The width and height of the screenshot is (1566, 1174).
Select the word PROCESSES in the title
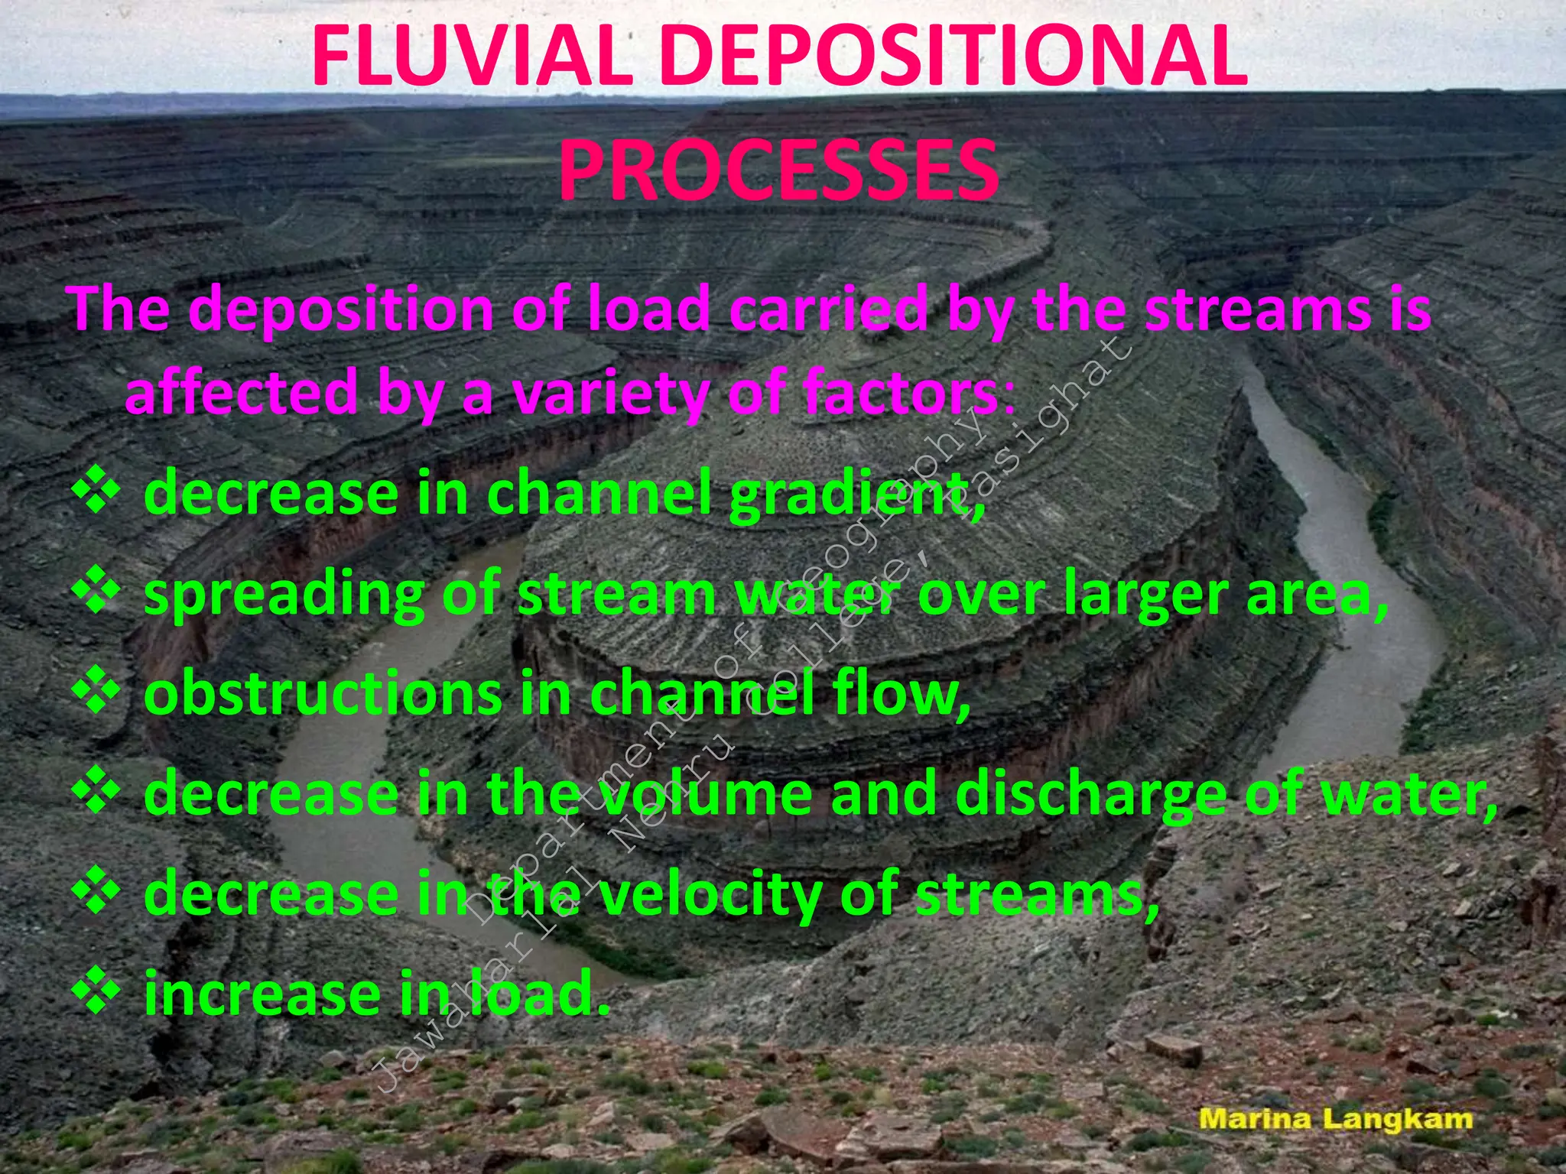(x=778, y=170)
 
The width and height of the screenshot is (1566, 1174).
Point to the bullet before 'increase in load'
(x=96, y=991)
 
